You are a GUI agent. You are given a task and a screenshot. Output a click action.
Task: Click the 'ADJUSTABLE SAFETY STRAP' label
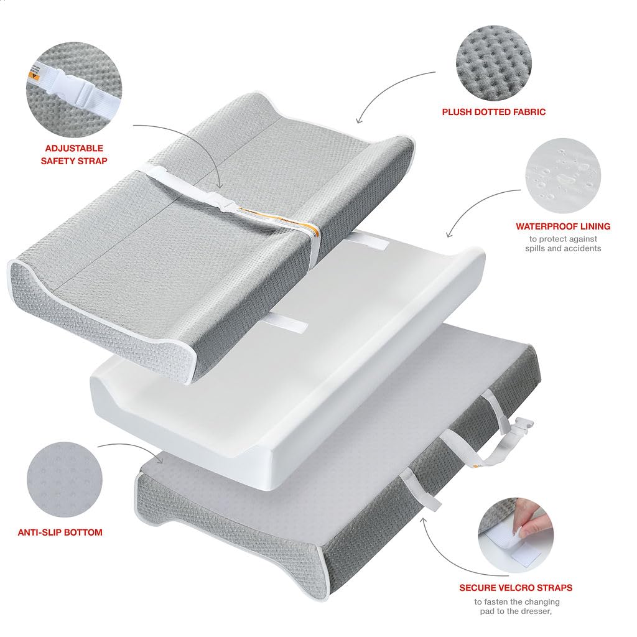[x=74, y=154]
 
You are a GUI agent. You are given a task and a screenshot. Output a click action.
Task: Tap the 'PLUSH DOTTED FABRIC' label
[x=493, y=112]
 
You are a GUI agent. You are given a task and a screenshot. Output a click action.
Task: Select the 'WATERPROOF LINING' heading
[x=563, y=226]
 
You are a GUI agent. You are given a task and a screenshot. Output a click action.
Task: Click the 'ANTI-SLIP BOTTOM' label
[x=60, y=532]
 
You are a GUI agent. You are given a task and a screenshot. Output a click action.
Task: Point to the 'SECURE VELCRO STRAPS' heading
[x=516, y=588]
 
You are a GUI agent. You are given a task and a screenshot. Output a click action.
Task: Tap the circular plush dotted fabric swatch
[x=493, y=62]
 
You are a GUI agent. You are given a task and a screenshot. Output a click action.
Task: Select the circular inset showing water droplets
[x=563, y=175]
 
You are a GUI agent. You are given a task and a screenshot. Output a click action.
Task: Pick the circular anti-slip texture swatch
[x=65, y=480]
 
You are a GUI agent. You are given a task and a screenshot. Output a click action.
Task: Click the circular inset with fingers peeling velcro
[x=516, y=536]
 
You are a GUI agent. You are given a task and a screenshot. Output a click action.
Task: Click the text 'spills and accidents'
[x=563, y=248]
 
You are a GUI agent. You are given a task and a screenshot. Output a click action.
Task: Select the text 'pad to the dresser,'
[x=516, y=611]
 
